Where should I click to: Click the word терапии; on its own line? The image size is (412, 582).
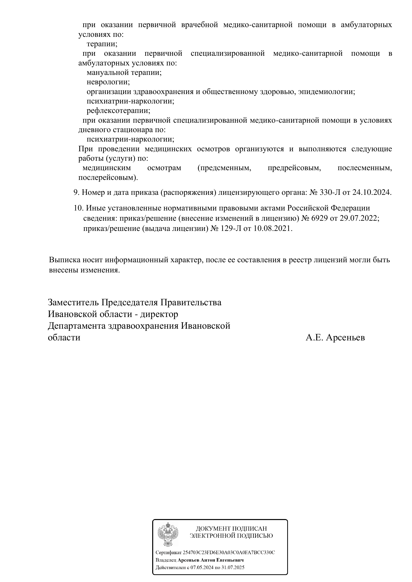point(102,44)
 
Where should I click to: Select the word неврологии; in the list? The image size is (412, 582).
point(108,82)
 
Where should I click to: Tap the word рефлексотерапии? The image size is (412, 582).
point(119,111)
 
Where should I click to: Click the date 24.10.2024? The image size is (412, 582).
point(372,192)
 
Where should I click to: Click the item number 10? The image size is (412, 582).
point(79,208)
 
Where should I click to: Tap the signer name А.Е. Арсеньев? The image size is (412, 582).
point(335,338)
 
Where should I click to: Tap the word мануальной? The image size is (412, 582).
point(108,73)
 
